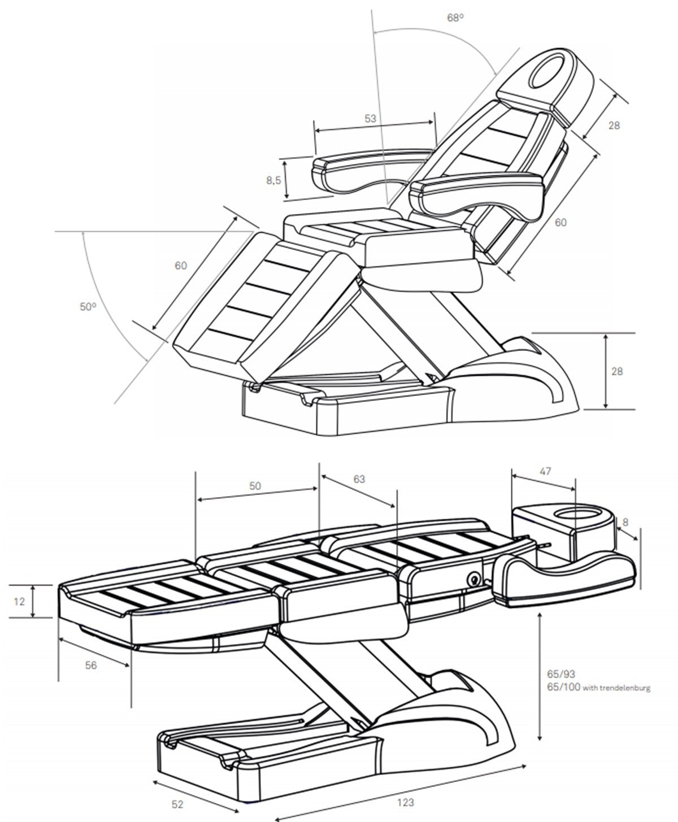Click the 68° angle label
455,18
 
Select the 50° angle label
88,307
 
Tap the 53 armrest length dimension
370,119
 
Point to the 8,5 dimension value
273,180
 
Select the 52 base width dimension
176,803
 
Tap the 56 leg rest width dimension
91,666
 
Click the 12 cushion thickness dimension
19,602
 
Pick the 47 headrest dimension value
545,471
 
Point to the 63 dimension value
359,479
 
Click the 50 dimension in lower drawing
255,486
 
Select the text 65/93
560,675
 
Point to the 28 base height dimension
617,371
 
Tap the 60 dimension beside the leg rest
180,265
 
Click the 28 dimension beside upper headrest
614,125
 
